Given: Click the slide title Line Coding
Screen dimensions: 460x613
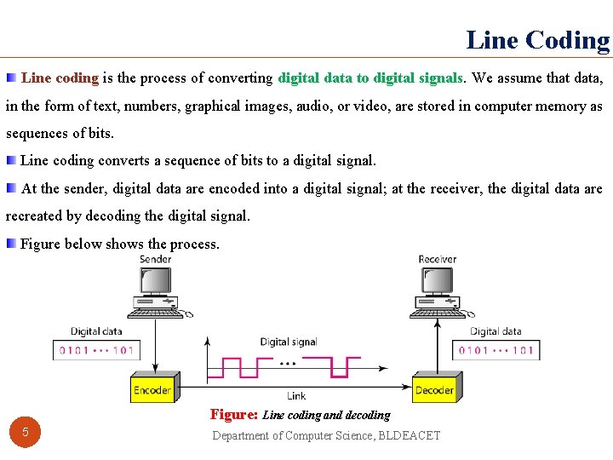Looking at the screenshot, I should [538, 40].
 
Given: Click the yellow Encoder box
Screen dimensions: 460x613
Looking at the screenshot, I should [152, 389].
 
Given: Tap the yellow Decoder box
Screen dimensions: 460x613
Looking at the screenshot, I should [434, 389].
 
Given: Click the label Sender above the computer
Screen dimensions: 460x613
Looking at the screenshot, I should [156, 259].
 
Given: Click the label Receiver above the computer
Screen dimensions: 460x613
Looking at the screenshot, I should [437, 259].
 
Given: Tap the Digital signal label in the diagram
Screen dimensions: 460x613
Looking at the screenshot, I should [289, 342].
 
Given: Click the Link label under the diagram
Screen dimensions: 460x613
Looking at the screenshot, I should [296, 396].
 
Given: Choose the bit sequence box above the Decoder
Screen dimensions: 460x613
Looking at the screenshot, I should [497, 349].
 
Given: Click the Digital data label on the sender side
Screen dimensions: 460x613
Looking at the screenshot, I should [96, 331].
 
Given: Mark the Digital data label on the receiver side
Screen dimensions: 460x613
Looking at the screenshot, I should [496, 331].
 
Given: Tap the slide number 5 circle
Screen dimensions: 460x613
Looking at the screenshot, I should [26, 432].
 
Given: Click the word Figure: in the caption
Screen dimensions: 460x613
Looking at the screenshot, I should [233, 415].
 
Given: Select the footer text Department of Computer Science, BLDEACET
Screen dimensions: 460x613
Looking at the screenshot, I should [326, 435].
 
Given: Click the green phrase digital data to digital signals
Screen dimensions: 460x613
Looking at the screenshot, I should [370, 78].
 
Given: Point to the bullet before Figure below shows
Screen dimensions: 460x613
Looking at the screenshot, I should [10, 244].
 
